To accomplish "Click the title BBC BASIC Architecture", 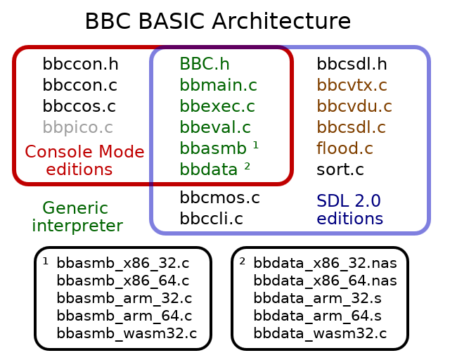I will click(x=217, y=22).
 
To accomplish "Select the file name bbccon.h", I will click(x=80, y=65).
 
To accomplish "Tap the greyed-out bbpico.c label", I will click(x=77, y=128).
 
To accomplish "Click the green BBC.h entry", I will click(x=205, y=65).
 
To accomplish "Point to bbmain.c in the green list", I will click(x=218, y=86).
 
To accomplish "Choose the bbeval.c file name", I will click(x=215, y=128).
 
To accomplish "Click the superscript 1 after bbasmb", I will click(x=256, y=146).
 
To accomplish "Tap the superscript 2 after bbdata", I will click(x=247, y=167).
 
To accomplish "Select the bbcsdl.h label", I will click(x=352, y=65).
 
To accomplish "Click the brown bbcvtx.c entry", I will click(x=352, y=86).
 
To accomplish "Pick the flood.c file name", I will click(x=345, y=149).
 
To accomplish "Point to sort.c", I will click(x=340, y=170).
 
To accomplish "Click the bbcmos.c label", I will click(x=220, y=198).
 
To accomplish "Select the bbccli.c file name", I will click(x=211, y=219).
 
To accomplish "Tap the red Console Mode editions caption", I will click(x=84, y=161).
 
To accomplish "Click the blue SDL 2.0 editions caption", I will click(x=349, y=210).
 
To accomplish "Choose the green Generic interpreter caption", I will click(x=77, y=217).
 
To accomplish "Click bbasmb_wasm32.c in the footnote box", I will click(x=127, y=333).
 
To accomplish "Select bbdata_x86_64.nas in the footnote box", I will click(x=325, y=281).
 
